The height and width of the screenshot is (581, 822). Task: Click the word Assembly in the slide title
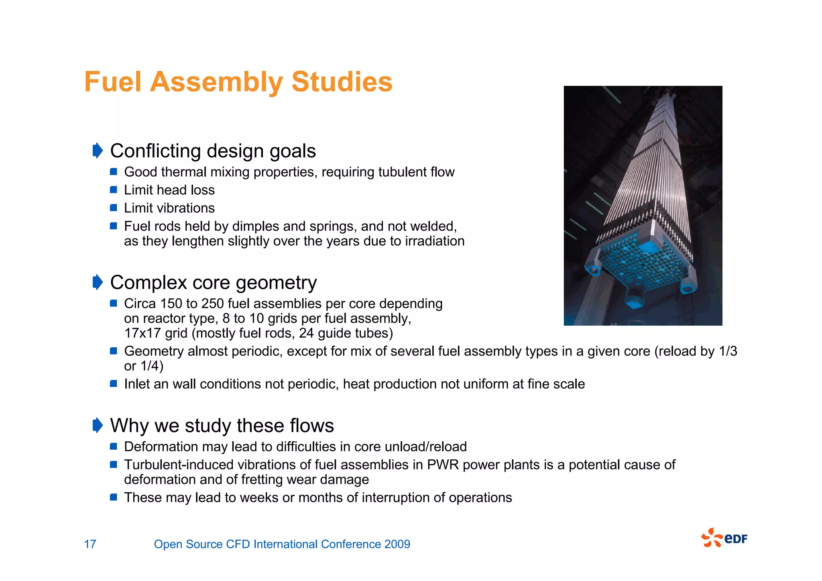click(x=216, y=82)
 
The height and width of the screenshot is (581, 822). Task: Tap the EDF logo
click(x=724, y=538)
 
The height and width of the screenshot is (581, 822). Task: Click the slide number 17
click(x=90, y=544)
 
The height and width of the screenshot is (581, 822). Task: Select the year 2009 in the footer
click(x=397, y=544)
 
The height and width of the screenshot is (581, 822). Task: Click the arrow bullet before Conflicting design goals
click(x=98, y=151)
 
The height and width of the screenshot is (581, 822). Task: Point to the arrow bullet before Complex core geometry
click(x=98, y=282)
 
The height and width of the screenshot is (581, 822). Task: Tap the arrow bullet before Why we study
click(x=98, y=425)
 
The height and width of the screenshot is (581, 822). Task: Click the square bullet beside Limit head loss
click(x=114, y=190)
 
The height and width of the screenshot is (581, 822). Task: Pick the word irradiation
click(x=435, y=241)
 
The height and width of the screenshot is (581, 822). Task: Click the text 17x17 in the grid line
click(x=138, y=333)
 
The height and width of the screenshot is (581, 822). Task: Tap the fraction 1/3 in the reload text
click(x=728, y=351)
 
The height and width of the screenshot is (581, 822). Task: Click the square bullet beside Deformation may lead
click(x=114, y=446)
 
